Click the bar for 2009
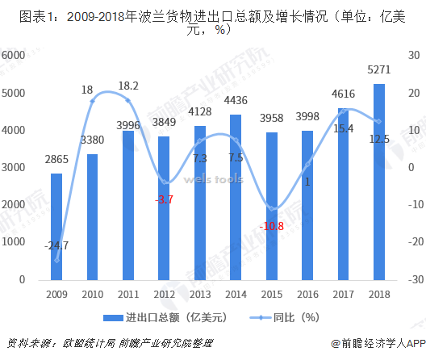[56, 226]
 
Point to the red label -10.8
[272, 226]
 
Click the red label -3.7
[165, 199]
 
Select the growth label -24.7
[56, 245]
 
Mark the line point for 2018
[378, 122]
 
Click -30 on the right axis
[411, 279]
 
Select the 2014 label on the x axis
[236, 294]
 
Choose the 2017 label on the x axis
[343, 294]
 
